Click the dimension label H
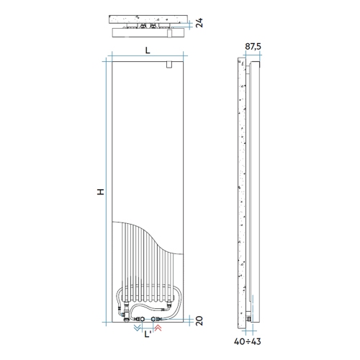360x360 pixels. [x=102, y=191]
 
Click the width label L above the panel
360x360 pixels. [x=148, y=50]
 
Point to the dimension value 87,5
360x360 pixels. [x=253, y=47]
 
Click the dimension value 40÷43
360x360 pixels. [x=248, y=341]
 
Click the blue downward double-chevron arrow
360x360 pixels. [x=138, y=328]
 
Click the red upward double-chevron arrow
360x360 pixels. [x=159, y=328]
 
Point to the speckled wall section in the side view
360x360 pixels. [x=241, y=187]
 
